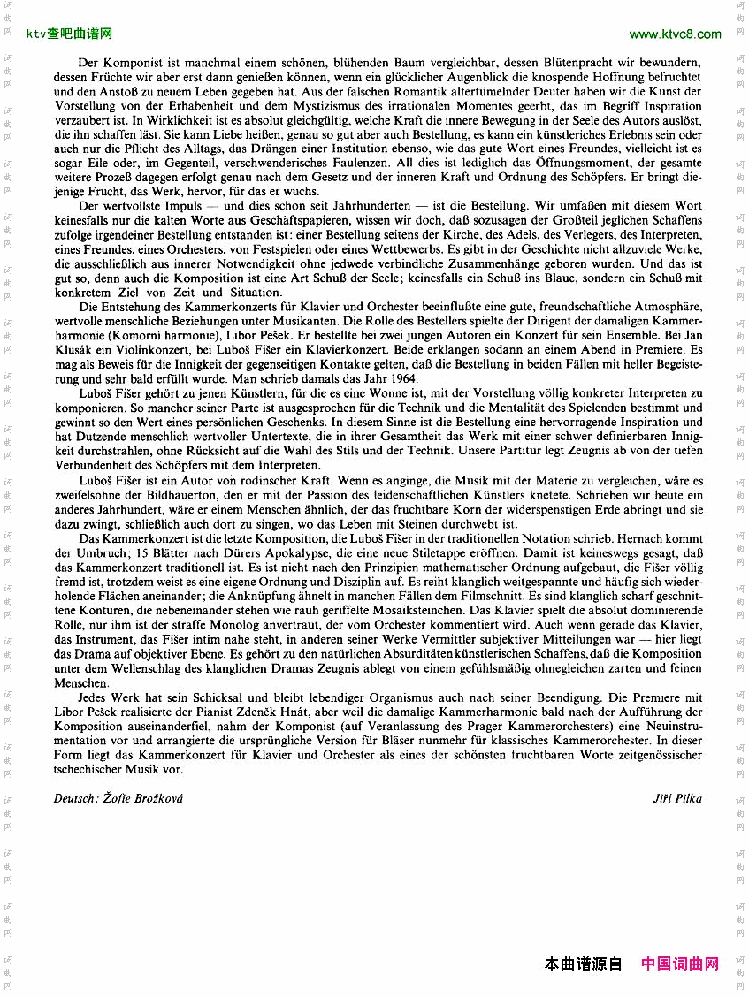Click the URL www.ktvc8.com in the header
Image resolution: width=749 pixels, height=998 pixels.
676,34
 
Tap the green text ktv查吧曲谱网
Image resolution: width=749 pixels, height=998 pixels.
70,34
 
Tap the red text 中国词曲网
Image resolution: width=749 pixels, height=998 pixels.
680,964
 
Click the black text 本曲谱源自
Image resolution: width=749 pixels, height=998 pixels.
584,964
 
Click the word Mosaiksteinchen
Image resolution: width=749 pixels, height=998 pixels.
434,610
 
